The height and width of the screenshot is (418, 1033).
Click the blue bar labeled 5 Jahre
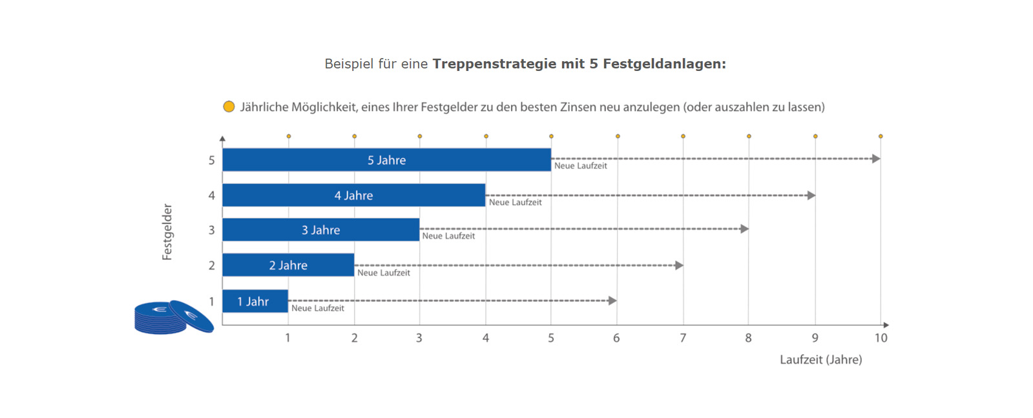pos(386,160)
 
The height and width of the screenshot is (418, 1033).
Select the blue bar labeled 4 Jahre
pos(353,195)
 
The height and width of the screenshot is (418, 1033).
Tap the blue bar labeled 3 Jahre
pos(320,230)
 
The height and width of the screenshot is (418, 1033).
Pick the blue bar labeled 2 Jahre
pos(288,265)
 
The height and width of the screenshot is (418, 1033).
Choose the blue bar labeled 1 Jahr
pos(255,301)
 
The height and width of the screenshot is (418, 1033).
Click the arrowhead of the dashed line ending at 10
pos(876,159)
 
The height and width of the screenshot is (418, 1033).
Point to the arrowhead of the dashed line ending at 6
pos(612,301)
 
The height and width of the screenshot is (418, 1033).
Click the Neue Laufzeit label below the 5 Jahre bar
pos(580,166)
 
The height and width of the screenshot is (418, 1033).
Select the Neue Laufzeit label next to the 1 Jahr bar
pos(317,308)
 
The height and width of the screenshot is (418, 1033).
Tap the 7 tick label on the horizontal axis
pos(682,338)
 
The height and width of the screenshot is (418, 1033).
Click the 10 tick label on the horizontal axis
pos(881,338)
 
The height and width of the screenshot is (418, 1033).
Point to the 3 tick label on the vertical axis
pos(211,230)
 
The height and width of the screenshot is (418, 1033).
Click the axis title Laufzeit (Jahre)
pos(820,360)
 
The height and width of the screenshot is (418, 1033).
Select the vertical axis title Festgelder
pos(167,232)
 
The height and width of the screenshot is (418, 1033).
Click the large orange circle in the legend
pos(229,106)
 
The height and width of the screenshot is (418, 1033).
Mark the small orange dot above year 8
pos(749,136)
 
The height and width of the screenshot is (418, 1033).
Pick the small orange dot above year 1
pos(289,136)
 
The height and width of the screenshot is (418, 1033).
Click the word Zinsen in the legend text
pos(578,107)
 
